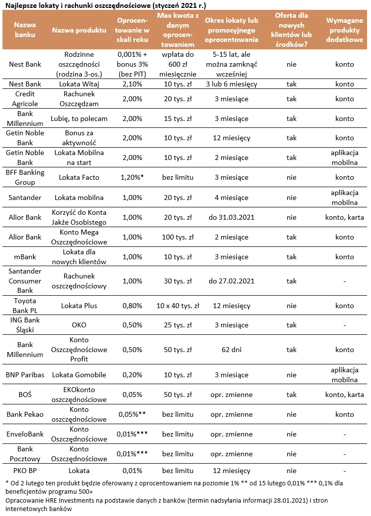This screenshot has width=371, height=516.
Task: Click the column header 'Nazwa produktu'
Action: pyautogui.click(x=79, y=30)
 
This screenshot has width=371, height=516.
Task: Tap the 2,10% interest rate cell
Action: pyautogui.click(x=129, y=84)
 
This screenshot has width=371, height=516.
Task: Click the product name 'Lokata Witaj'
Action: pyautogui.click(x=79, y=84)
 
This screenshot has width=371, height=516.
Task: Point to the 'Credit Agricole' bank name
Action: pyautogui.click(x=25, y=99)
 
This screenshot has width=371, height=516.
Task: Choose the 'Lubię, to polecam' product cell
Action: pyautogui.click(x=79, y=119)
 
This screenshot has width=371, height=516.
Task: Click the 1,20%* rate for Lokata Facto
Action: pyautogui.click(x=130, y=178)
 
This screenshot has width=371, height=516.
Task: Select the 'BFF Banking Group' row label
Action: pyautogui.click(x=25, y=178)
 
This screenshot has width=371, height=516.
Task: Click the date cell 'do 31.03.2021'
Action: pyautogui.click(x=231, y=217)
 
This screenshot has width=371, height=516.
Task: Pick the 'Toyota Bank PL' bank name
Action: pyautogui.click(x=25, y=306)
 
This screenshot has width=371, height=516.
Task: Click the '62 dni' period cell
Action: pyautogui.click(x=231, y=350)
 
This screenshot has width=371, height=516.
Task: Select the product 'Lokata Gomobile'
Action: pyautogui.click(x=79, y=375)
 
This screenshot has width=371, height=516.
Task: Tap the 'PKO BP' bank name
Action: pyautogui.click(x=25, y=471)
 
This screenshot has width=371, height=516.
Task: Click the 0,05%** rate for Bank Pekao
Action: pyautogui.click(x=131, y=415)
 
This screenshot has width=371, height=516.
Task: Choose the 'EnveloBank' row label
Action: pyautogui.click(x=25, y=435)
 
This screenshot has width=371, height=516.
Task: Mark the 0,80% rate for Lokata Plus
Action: pyautogui.click(x=129, y=306)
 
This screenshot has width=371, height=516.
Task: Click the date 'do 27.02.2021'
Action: pyautogui.click(x=231, y=281)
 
